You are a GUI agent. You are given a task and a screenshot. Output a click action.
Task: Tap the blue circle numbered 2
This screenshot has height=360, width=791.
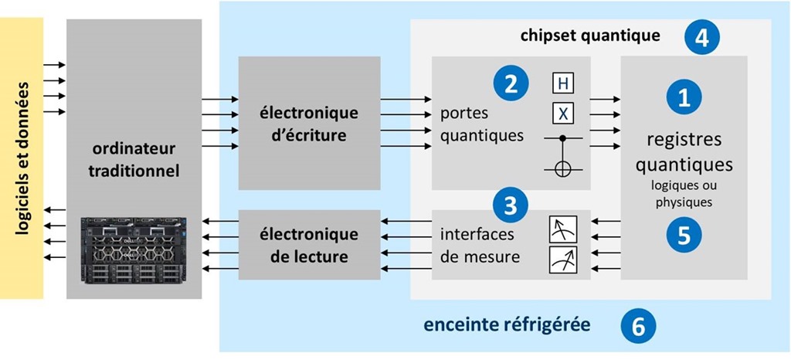pyautogui.click(x=511, y=83)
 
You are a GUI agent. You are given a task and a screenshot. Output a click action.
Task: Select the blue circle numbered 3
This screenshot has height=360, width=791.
pyautogui.click(x=511, y=205)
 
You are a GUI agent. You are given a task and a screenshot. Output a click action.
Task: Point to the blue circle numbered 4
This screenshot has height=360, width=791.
pyautogui.click(x=701, y=36)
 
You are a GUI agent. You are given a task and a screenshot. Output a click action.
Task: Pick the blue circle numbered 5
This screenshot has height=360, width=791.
pyautogui.click(x=684, y=234)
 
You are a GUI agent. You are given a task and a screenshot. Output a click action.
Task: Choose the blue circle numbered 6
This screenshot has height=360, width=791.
pyautogui.click(x=638, y=326)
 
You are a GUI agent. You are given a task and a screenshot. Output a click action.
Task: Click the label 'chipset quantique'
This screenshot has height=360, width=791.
pyautogui.click(x=590, y=36)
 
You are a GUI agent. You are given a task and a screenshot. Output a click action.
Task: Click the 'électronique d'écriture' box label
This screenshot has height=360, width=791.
pyautogui.click(x=309, y=124)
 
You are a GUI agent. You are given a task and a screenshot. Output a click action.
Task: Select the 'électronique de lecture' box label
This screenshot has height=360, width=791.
pyautogui.click(x=309, y=244)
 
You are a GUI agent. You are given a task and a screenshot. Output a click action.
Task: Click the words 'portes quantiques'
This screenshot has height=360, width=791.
pyautogui.click(x=482, y=124)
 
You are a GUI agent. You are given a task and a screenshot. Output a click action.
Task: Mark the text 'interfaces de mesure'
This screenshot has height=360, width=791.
pyautogui.click(x=480, y=245)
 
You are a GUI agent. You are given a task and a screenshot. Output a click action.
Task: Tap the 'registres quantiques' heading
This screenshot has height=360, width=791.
pyautogui.click(x=684, y=152)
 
